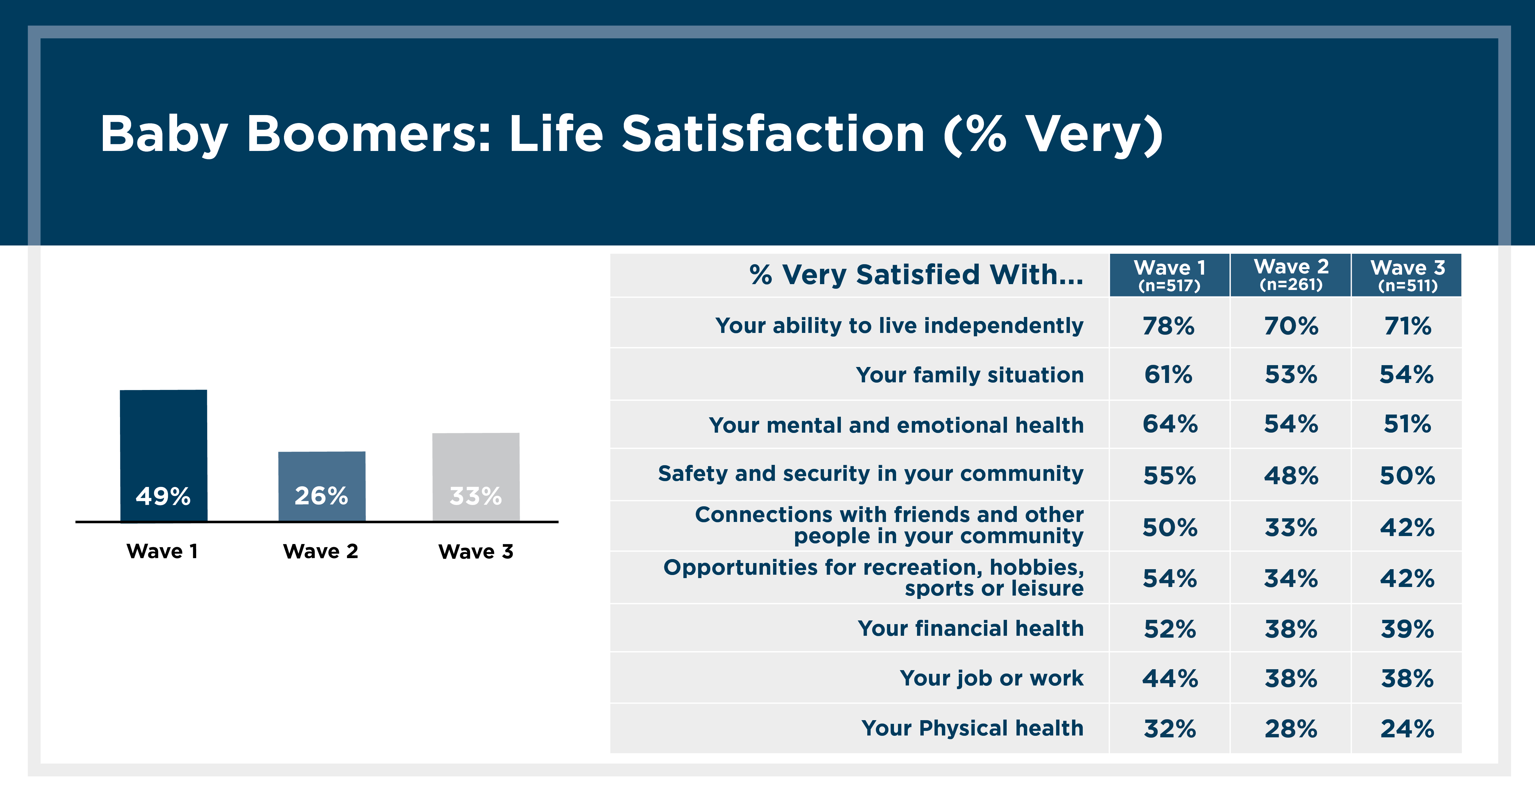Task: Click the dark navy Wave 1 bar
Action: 163,456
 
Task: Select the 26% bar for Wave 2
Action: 322,486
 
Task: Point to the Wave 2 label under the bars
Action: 321,551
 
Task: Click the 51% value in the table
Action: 1407,424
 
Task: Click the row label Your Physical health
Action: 973,728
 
